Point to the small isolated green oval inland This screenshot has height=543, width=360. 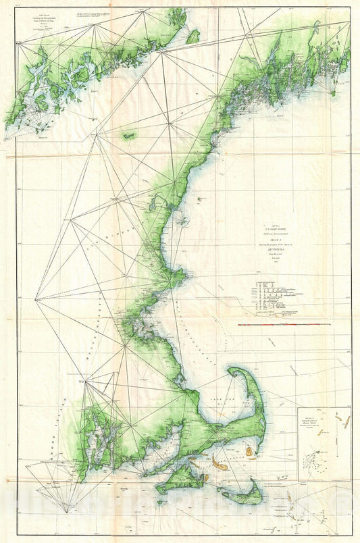tap(128, 136)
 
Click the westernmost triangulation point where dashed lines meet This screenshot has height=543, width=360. tap(35, 298)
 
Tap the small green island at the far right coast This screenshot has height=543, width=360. tap(333, 93)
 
